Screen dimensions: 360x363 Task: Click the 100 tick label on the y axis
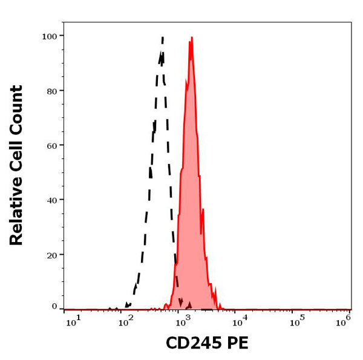pyautogui.click(x=49, y=36)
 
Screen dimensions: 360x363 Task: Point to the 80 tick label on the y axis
pyautogui.click(x=51, y=91)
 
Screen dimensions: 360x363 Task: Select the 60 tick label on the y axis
pyautogui.click(x=51, y=145)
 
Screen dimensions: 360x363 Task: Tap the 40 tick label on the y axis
pyautogui.click(x=51, y=200)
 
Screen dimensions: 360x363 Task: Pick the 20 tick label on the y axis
pyautogui.click(x=51, y=255)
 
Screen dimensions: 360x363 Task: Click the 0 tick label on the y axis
pyautogui.click(x=54, y=307)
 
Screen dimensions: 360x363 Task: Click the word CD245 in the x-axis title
pyautogui.click(x=194, y=343)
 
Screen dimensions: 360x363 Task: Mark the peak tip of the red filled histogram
pyautogui.click(x=192, y=38)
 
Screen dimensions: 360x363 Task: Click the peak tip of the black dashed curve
pyautogui.click(x=163, y=38)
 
